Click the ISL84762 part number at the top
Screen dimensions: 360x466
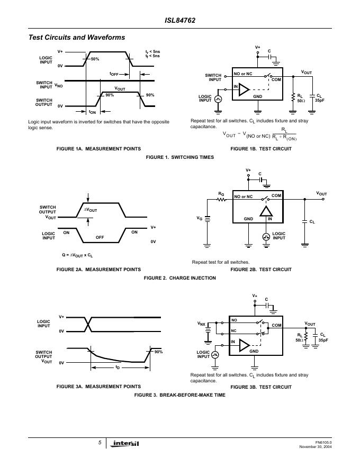pos(180,20)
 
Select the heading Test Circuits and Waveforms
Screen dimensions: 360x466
pos(77,38)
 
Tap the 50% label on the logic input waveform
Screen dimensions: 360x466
pos(95,59)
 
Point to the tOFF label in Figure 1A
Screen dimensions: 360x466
pos(114,74)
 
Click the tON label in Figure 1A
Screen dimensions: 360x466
pos(92,112)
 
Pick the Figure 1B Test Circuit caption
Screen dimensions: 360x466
pos(261,149)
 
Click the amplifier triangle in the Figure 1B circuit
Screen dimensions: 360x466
pos(244,89)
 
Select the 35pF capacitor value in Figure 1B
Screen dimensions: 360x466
pos(320,101)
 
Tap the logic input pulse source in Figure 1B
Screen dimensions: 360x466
pos(218,99)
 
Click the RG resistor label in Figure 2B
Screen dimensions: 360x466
pos(221,194)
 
